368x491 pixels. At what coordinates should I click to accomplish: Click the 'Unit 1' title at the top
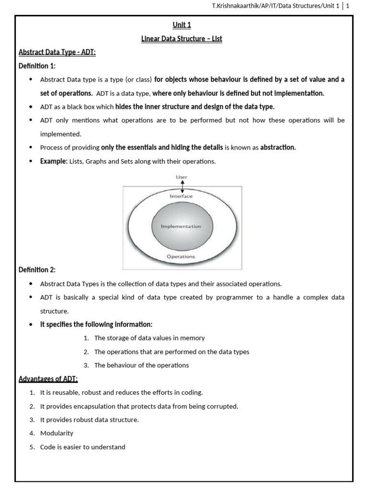(x=182, y=25)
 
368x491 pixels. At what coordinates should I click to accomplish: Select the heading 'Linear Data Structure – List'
(x=182, y=38)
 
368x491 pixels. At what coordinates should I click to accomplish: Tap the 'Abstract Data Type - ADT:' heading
(x=57, y=52)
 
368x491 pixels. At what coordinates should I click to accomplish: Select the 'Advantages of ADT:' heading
(x=48, y=379)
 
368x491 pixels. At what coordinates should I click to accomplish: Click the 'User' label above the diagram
(x=181, y=177)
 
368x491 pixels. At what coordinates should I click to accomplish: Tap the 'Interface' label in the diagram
(x=181, y=196)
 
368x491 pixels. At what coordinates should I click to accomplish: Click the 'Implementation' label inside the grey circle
(x=181, y=226)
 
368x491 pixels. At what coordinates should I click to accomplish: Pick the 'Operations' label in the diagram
(x=181, y=257)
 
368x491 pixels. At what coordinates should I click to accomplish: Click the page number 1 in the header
(x=348, y=6)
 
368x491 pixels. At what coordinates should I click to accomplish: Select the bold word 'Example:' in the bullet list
(x=54, y=161)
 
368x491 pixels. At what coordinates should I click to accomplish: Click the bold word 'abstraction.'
(x=278, y=147)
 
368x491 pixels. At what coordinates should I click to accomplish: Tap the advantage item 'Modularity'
(x=57, y=433)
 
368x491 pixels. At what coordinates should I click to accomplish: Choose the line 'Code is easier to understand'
(x=82, y=447)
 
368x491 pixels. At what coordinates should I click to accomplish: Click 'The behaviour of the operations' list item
(x=141, y=365)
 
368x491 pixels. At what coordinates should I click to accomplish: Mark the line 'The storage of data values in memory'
(x=149, y=338)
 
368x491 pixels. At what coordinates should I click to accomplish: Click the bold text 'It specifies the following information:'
(x=96, y=324)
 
